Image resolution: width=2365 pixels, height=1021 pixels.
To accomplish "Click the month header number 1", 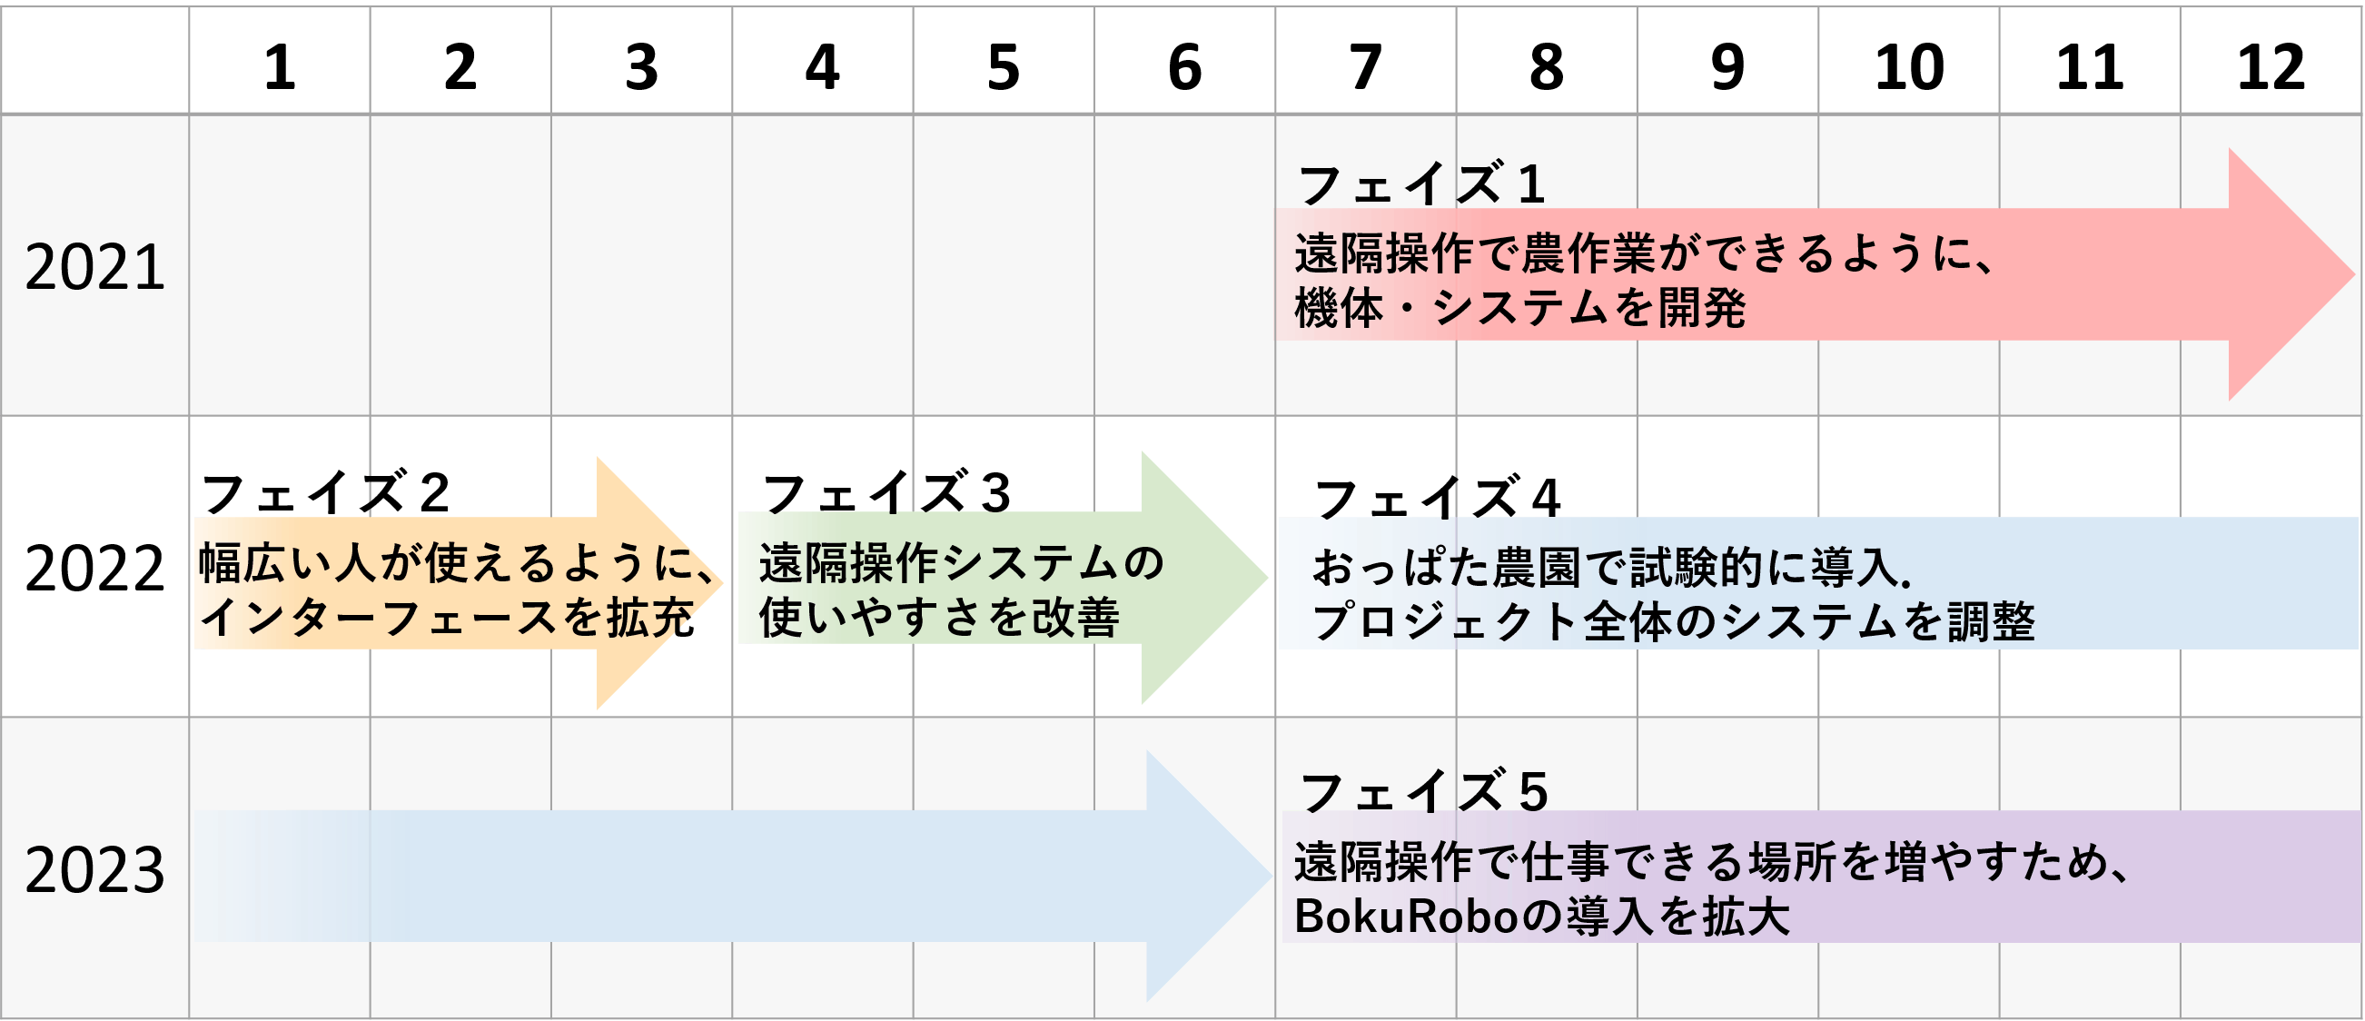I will pyautogui.click(x=280, y=67).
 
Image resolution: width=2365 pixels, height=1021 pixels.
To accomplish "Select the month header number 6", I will pyautogui.click(x=1184, y=67).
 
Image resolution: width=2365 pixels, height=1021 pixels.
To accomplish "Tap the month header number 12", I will pyautogui.click(x=2271, y=67).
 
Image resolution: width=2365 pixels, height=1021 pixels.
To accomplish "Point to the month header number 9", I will pyautogui.click(x=1727, y=67).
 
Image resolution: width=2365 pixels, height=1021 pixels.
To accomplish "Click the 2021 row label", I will pyautogui.click(x=94, y=267).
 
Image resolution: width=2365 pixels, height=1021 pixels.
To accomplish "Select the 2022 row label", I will pyautogui.click(x=94, y=569).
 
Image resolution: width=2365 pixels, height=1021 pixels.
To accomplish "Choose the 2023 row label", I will pyautogui.click(x=94, y=869).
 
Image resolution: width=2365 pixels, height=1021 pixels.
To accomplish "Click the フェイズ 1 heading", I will pyautogui.click(x=1421, y=183).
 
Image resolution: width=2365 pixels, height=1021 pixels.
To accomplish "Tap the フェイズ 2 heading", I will pyautogui.click(x=325, y=492).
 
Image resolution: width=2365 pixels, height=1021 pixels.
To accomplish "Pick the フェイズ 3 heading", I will pyautogui.click(x=886, y=492).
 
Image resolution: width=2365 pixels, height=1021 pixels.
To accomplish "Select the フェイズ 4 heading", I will pyautogui.click(x=1437, y=499).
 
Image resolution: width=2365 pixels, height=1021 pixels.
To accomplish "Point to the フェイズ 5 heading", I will pyautogui.click(x=1424, y=791).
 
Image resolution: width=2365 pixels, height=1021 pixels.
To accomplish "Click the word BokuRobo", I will pyautogui.click(x=1407, y=916).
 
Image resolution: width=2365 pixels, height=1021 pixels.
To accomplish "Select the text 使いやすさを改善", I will pyautogui.click(x=938, y=617).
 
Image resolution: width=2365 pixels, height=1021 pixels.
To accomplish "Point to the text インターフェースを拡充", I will pyautogui.click(x=446, y=617).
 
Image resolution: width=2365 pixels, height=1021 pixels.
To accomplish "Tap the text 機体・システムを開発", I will pyautogui.click(x=1519, y=308).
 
